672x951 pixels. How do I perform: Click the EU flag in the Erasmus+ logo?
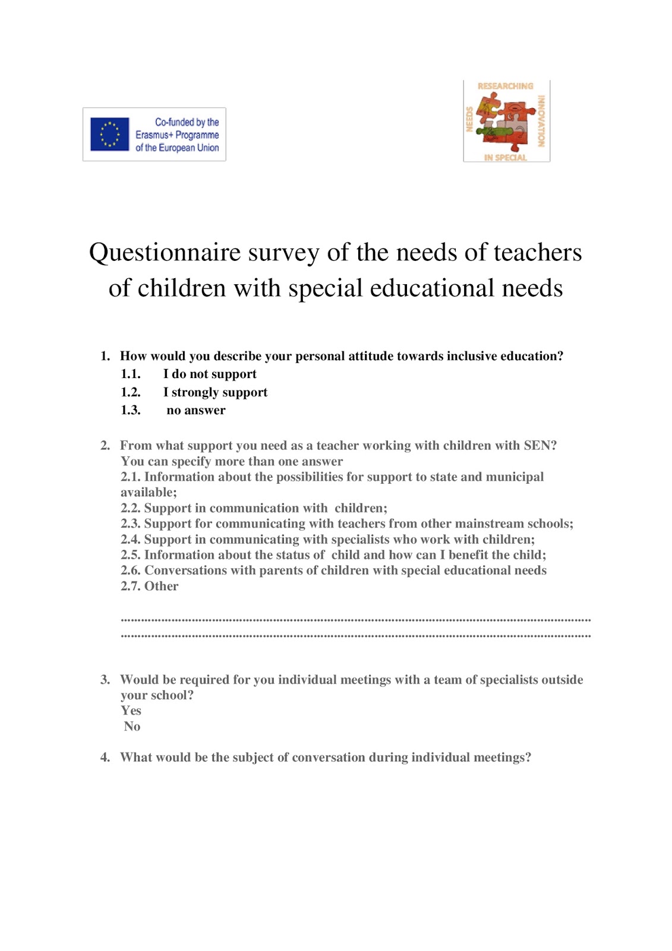tap(109, 134)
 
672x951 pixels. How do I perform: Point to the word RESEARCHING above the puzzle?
tap(505, 86)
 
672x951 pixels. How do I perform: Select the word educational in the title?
tap(433, 288)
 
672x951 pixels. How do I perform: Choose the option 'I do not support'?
tap(209, 374)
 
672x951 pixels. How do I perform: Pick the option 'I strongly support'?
tap(215, 392)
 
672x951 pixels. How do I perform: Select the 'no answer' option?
tap(195, 410)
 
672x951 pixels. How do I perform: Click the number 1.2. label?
tap(131, 392)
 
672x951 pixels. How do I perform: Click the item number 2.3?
tap(131, 524)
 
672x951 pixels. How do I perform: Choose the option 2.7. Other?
tap(149, 586)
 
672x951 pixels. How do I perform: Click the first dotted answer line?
tap(355, 620)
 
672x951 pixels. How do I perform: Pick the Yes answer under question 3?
tap(131, 711)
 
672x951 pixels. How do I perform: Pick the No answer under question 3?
tap(132, 726)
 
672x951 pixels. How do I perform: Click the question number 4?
tap(105, 757)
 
